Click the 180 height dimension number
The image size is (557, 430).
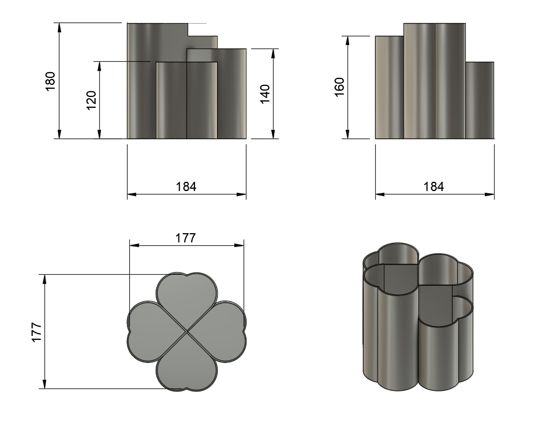click(x=50, y=81)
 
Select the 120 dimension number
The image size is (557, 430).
click(x=91, y=100)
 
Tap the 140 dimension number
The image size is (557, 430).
click(x=266, y=94)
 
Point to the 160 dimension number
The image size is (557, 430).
click(x=339, y=87)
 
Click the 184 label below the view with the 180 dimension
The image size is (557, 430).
click(x=186, y=186)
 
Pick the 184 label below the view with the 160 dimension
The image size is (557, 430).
click(x=433, y=186)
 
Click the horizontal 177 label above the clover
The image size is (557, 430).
click(x=185, y=238)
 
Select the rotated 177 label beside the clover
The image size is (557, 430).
click(x=37, y=332)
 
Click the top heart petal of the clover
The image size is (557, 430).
click(x=186, y=298)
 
